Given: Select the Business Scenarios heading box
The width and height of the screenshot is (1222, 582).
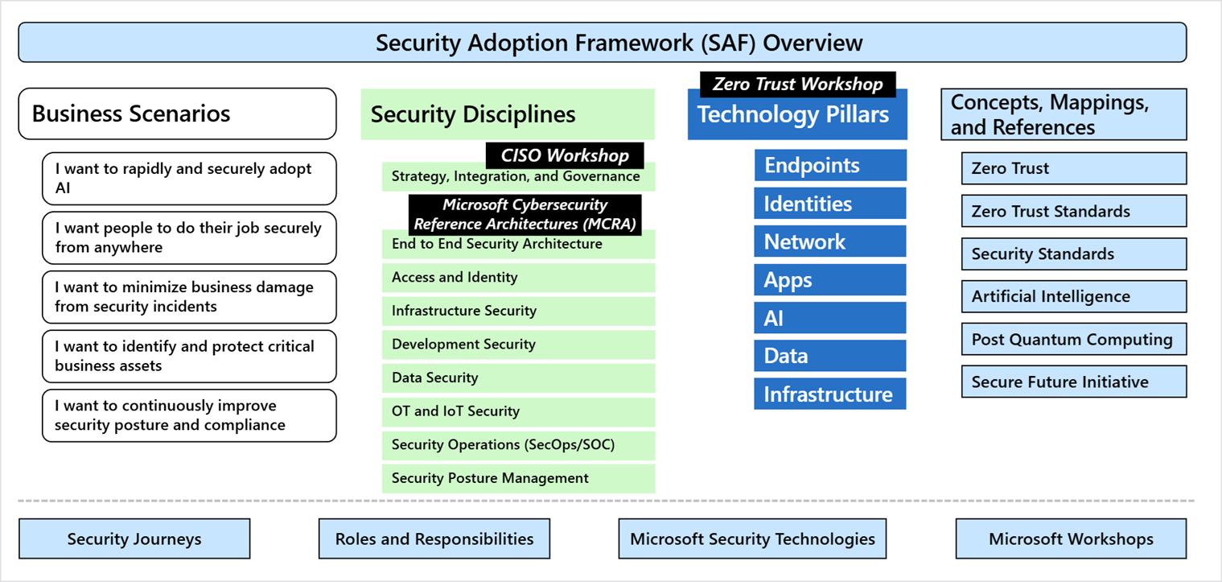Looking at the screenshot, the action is coord(177,114).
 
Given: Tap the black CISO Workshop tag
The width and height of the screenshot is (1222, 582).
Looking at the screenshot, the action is coord(565,155).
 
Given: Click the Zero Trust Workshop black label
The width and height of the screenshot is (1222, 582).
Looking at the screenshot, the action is coord(797,84).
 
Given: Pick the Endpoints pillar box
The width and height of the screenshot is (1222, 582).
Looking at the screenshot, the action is coord(830,165).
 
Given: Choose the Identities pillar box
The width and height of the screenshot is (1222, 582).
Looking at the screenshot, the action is coord(830,203).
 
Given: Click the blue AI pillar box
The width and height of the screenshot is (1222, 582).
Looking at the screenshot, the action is coord(830,318).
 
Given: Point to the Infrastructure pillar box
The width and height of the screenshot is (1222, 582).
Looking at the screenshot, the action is coord(830,394).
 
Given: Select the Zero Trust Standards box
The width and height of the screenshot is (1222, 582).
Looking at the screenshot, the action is coord(1074,211).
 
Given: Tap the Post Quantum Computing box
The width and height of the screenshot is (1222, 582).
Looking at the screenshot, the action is coord(1074,339).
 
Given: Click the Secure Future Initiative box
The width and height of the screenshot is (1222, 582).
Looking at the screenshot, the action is coord(1074,382).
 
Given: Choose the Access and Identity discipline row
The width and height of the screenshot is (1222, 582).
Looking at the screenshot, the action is coord(518,278).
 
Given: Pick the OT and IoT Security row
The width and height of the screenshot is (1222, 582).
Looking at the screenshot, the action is coord(518,411).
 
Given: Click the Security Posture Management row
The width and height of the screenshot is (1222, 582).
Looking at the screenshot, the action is coord(518,479).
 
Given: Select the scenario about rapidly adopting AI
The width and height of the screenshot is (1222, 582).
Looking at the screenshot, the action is coord(189,179).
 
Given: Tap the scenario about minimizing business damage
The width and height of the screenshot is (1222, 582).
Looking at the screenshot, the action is coord(189,297).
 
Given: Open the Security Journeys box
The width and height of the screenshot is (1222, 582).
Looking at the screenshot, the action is coord(134,539).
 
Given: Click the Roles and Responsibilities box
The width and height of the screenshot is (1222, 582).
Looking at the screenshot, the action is coord(434,539).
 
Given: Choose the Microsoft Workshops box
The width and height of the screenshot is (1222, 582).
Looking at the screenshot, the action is coord(1071,539).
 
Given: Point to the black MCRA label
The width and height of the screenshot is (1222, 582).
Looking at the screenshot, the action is coord(525,215).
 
